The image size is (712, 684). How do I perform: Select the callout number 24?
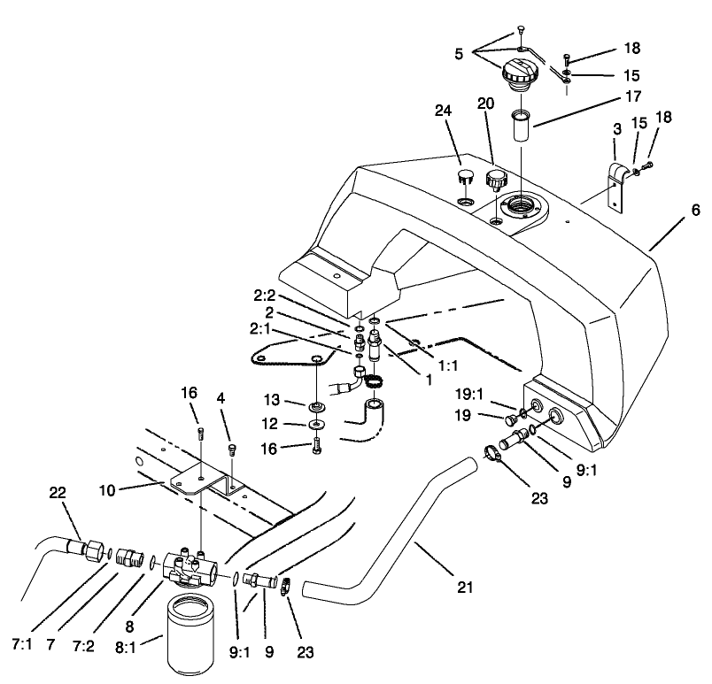[x=443, y=111]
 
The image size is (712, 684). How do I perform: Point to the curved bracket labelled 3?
[x=615, y=181]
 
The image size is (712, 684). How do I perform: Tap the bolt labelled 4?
[x=233, y=451]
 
